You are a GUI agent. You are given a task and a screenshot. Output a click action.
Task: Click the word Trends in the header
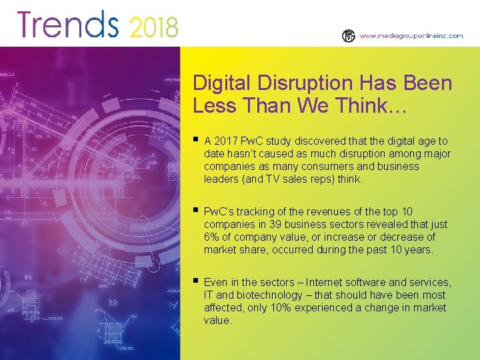(67, 25)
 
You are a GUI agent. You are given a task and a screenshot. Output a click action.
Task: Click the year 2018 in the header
(154, 27)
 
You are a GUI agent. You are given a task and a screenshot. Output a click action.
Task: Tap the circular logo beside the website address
(348, 36)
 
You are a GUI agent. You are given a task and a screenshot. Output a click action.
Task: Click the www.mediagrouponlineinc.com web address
(411, 37)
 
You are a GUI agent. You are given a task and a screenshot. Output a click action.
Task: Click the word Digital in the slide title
(217, 83)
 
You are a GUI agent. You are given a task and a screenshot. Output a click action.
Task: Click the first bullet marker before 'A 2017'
(195, 140)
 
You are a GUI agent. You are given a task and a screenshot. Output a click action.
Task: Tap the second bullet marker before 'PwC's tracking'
(195, 211)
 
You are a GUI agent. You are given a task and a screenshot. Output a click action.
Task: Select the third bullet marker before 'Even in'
(195, 281)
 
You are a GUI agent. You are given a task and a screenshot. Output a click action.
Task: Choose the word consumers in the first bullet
(334, 167)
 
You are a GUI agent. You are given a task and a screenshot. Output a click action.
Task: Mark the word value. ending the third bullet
(218, 321)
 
